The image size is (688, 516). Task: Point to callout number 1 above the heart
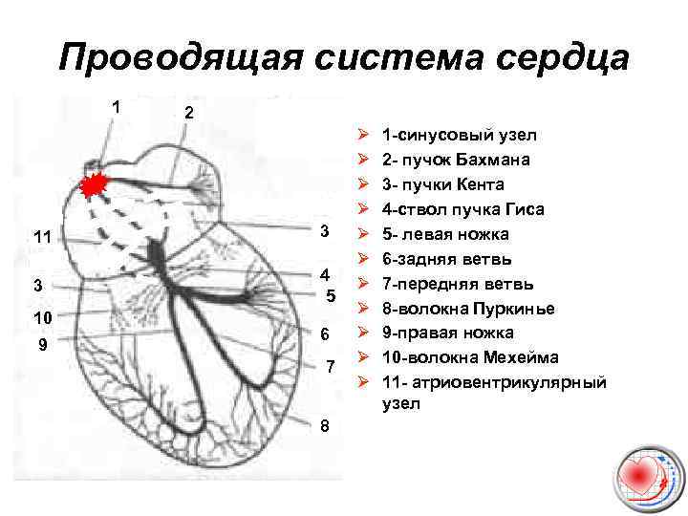coord(116,107)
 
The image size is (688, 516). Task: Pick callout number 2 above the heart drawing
coord(189,114)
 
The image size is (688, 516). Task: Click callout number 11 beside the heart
coord(42,237)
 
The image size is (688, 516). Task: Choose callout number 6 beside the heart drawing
coord(326,334)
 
